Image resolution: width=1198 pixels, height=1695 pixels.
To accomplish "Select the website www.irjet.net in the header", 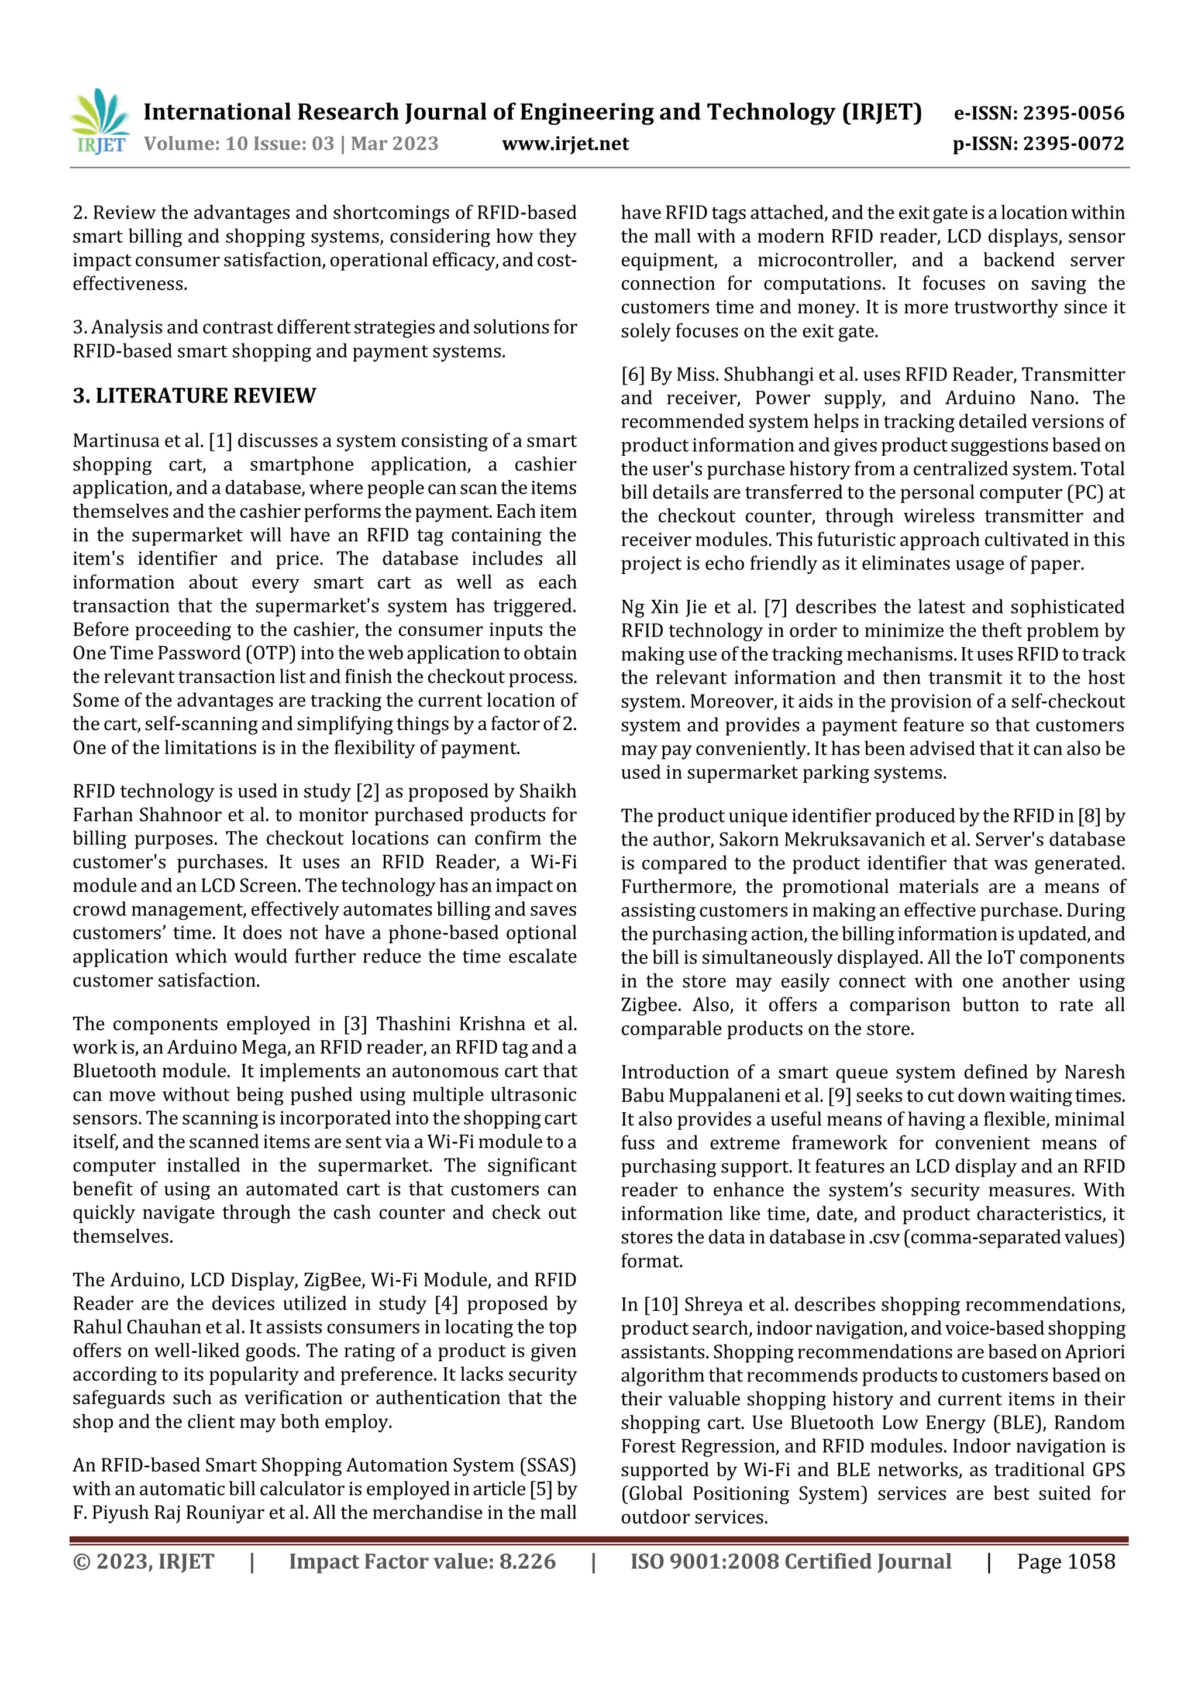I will tap(566, 144).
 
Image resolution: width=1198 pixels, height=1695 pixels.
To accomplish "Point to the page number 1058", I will tap(1091, 1562).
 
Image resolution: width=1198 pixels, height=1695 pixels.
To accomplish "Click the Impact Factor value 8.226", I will tap(527, 1562).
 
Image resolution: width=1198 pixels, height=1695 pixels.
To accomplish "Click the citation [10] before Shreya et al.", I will tap(660, 1305).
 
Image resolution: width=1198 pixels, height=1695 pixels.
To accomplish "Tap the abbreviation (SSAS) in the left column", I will tap(550, 1466).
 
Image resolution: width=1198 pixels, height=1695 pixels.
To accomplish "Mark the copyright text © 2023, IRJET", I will tap(143, 1562).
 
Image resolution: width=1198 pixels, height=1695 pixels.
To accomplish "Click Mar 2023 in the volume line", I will tap(394, 144).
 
